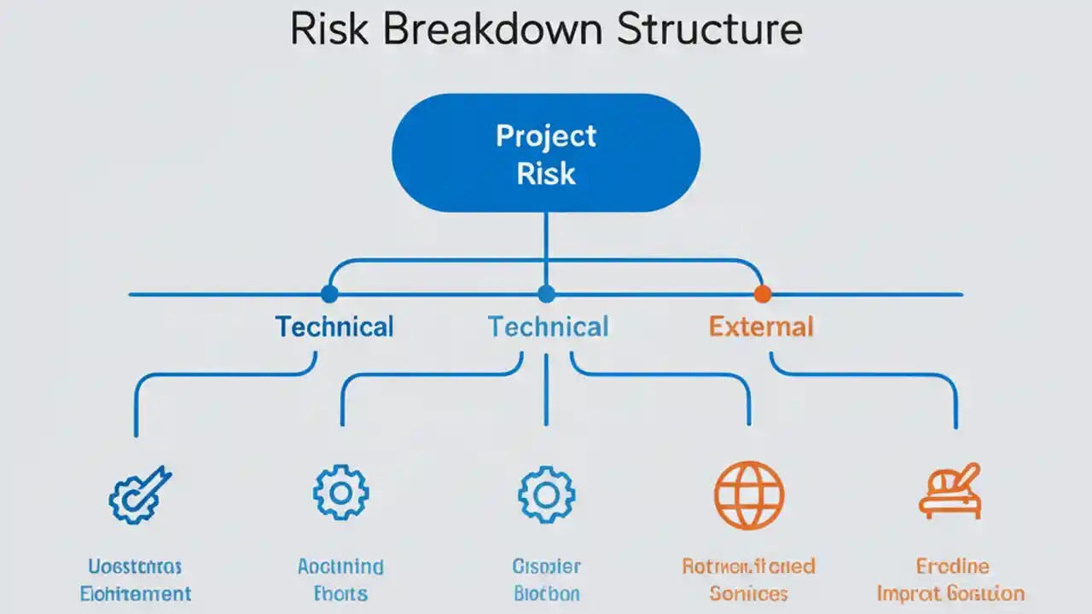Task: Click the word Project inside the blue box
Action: click(x=546, y=136)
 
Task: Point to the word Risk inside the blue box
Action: click(x=546, y=174)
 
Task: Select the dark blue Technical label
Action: click(x=334, y=327)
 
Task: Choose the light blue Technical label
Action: click(x=548, y=327)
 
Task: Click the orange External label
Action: click(x=761, y=327)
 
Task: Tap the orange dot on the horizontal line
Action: click(x=762, y=294)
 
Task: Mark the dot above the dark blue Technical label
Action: click(x=328, y=294)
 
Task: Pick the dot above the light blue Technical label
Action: click(x=546, y=294)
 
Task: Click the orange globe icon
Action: click(x=748, y=495)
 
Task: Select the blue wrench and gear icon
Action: click(x=140, y=495)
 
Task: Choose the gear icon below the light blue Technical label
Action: click(x=546, y=495)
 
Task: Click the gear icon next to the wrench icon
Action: click(x=340, y=492)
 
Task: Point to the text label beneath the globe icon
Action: click(x=748, y=579)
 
